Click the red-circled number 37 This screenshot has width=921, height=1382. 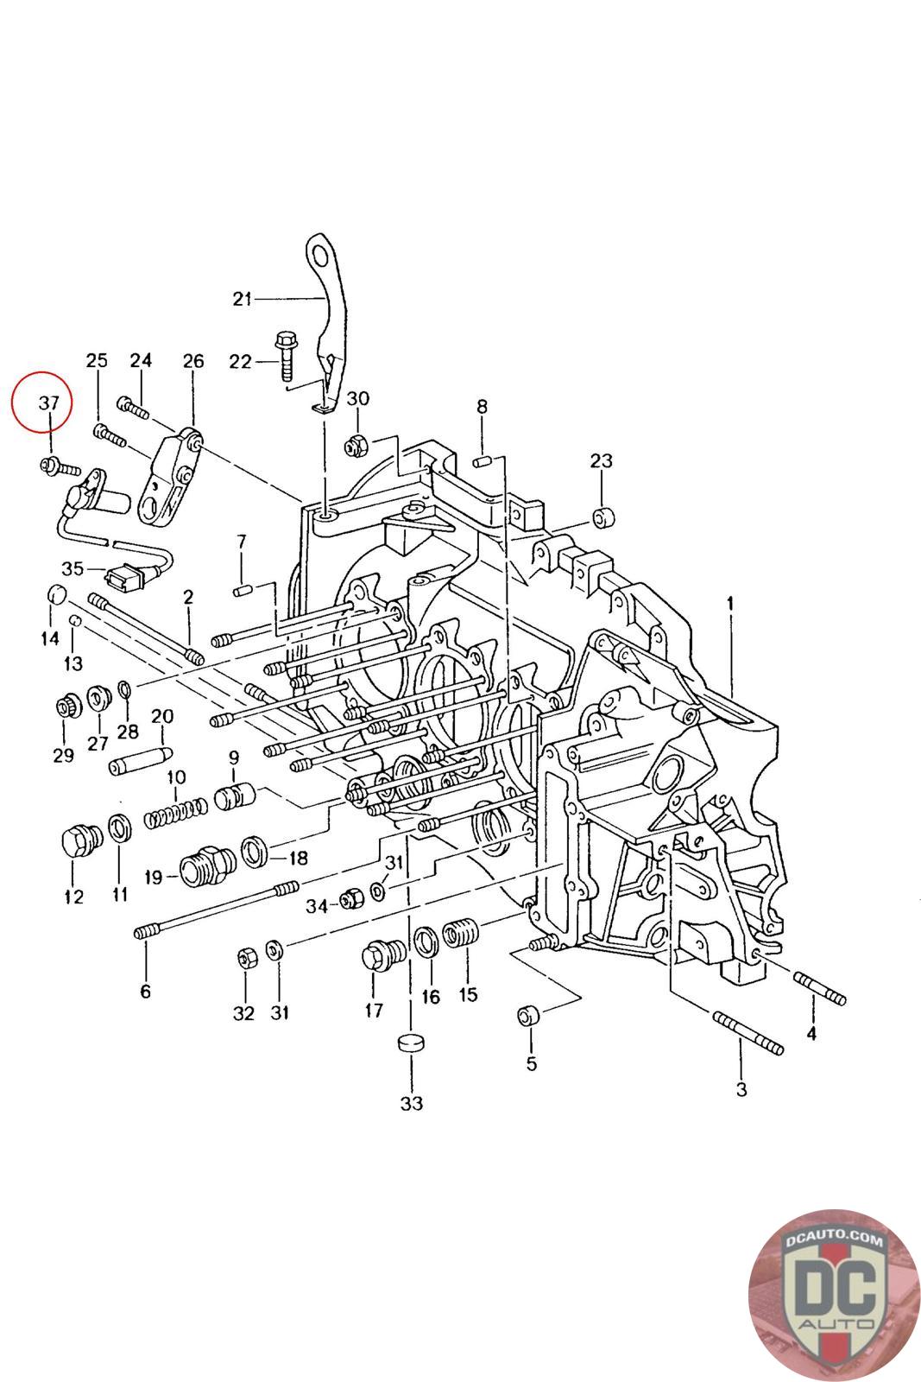(48, 403)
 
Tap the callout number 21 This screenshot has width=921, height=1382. (243, 299)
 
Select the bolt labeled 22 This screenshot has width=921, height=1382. (286, 357)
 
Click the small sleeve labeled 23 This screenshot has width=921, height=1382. (603, 518)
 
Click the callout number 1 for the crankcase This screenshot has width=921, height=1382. (730, 604)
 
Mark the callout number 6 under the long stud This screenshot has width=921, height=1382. (146, 992)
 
